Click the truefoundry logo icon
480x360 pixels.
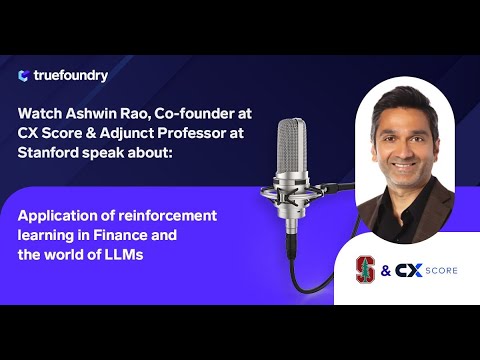(x=23, y=76)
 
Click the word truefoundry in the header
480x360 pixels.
(x=69, y=76)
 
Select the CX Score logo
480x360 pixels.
(x=420, y=268)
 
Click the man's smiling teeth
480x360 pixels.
(x=407, y=163)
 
